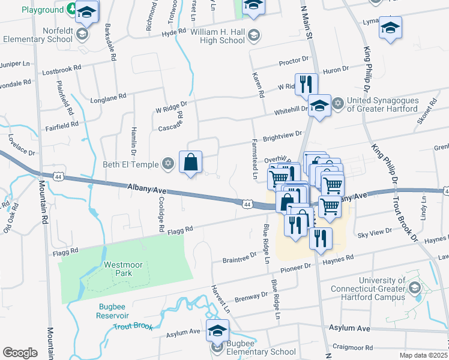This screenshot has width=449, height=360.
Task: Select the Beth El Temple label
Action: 136,164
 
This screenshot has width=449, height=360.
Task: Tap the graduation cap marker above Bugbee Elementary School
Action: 217,330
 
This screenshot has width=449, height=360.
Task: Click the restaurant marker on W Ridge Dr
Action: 307,83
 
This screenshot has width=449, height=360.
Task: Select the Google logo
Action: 20,353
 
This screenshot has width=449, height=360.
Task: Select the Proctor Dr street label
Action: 294,61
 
